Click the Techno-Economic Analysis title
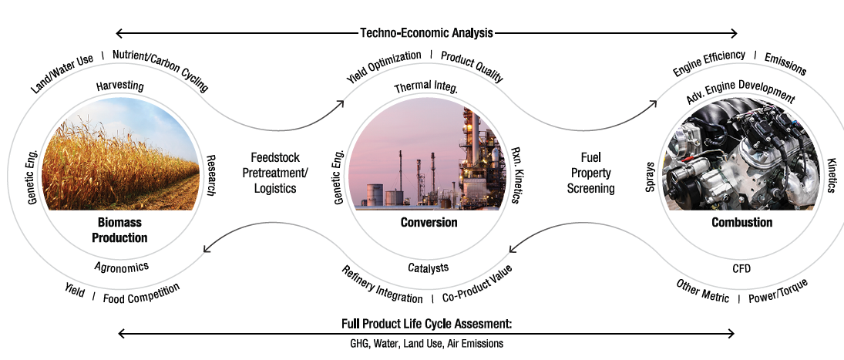click(426, 33)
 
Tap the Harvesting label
click(119, 86)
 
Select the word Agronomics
click(121, 267)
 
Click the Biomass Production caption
click(119, 230)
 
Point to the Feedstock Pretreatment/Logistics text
click(275, 173)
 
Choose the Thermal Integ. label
click(425, 86)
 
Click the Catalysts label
click(428, 267)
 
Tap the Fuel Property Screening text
click(591, 173)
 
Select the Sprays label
click(651, 177)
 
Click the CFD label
click(741, 268)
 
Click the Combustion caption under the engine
click(741, 222)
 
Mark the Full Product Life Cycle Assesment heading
click(426, 324)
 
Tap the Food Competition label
click(142, 293)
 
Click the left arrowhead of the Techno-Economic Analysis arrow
click(120, 33)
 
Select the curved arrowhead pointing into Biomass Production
click(207, 248)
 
